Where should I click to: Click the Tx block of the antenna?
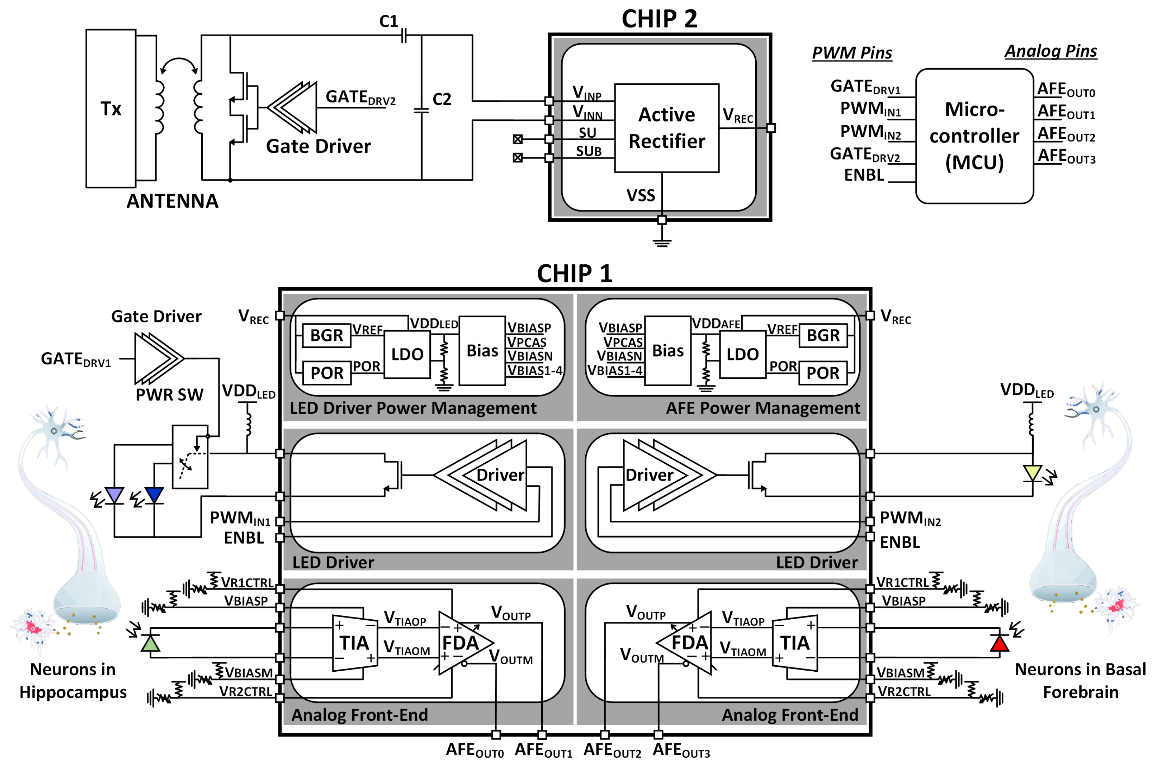(111, 108)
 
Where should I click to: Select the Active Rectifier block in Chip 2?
(666, 128)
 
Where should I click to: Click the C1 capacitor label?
(389, 21)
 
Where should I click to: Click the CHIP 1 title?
(574, 274)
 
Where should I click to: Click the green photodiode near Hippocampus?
(150, 644)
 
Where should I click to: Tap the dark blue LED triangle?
(154, 495)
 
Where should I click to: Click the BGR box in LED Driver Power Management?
(326, 335)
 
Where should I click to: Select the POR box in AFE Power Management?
(823, 373)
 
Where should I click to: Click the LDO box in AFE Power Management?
(742, 354)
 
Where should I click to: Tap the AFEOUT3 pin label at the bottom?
(681, 750)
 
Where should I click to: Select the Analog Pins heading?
(1051, 51)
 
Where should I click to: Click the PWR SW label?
(169, 394)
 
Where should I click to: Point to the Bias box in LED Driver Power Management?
(482, 350)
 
